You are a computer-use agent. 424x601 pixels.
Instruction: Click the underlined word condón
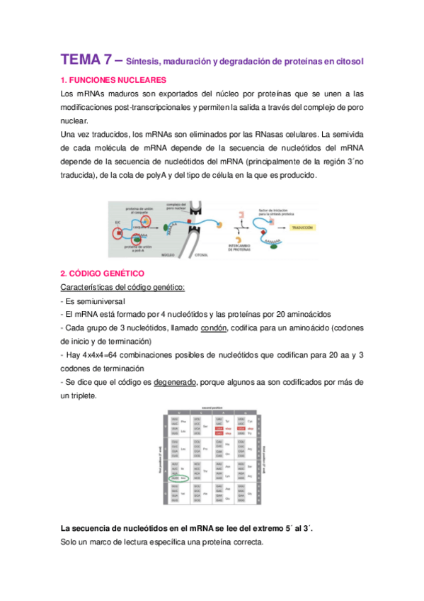pos(214,327)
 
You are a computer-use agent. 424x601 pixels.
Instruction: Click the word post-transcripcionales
pos(147,107)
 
